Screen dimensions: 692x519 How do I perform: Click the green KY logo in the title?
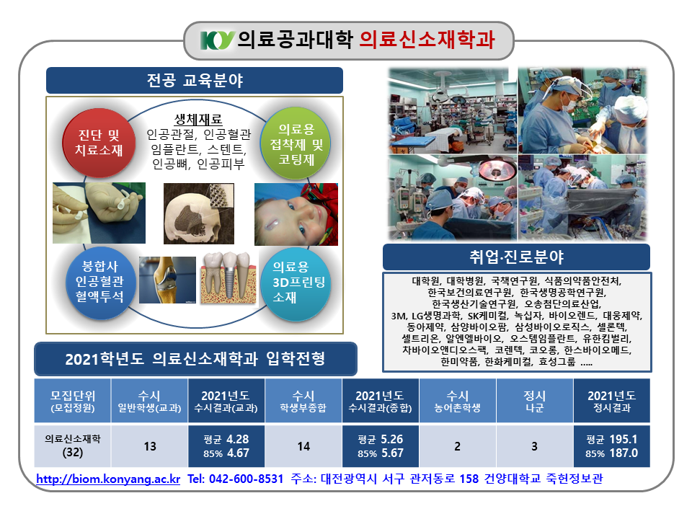coord(217,40)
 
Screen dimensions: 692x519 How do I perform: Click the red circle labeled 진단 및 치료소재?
coord(99,143)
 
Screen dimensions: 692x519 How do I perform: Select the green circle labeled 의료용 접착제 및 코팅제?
coord(296,143)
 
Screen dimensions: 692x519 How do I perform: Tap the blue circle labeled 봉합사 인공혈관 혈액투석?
coord(99,283)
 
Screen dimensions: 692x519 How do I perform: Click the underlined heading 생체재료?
coord(198,120)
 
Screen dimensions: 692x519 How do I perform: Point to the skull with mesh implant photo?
coord(199,213)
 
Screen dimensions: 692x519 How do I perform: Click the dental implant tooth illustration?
coord(229,278)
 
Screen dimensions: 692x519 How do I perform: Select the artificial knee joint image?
coord(167,280)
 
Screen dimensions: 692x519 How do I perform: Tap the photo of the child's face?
coord(296,215)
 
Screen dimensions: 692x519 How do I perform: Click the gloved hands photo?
coord(99,213)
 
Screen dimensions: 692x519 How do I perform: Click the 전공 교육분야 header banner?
coord(195,80)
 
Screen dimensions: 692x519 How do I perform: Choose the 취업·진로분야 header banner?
coord(516,257)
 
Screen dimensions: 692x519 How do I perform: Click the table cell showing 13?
coord(150,446)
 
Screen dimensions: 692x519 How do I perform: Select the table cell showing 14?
coord(303,446)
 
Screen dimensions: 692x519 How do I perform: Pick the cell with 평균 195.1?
coord(612,446)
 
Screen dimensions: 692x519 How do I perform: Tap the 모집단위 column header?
coord(72,401)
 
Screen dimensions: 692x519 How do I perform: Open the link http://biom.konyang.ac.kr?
coord(108,479)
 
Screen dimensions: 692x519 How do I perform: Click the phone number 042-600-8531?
coord(246,479)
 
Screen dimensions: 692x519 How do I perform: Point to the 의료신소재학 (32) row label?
coord(72,446)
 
